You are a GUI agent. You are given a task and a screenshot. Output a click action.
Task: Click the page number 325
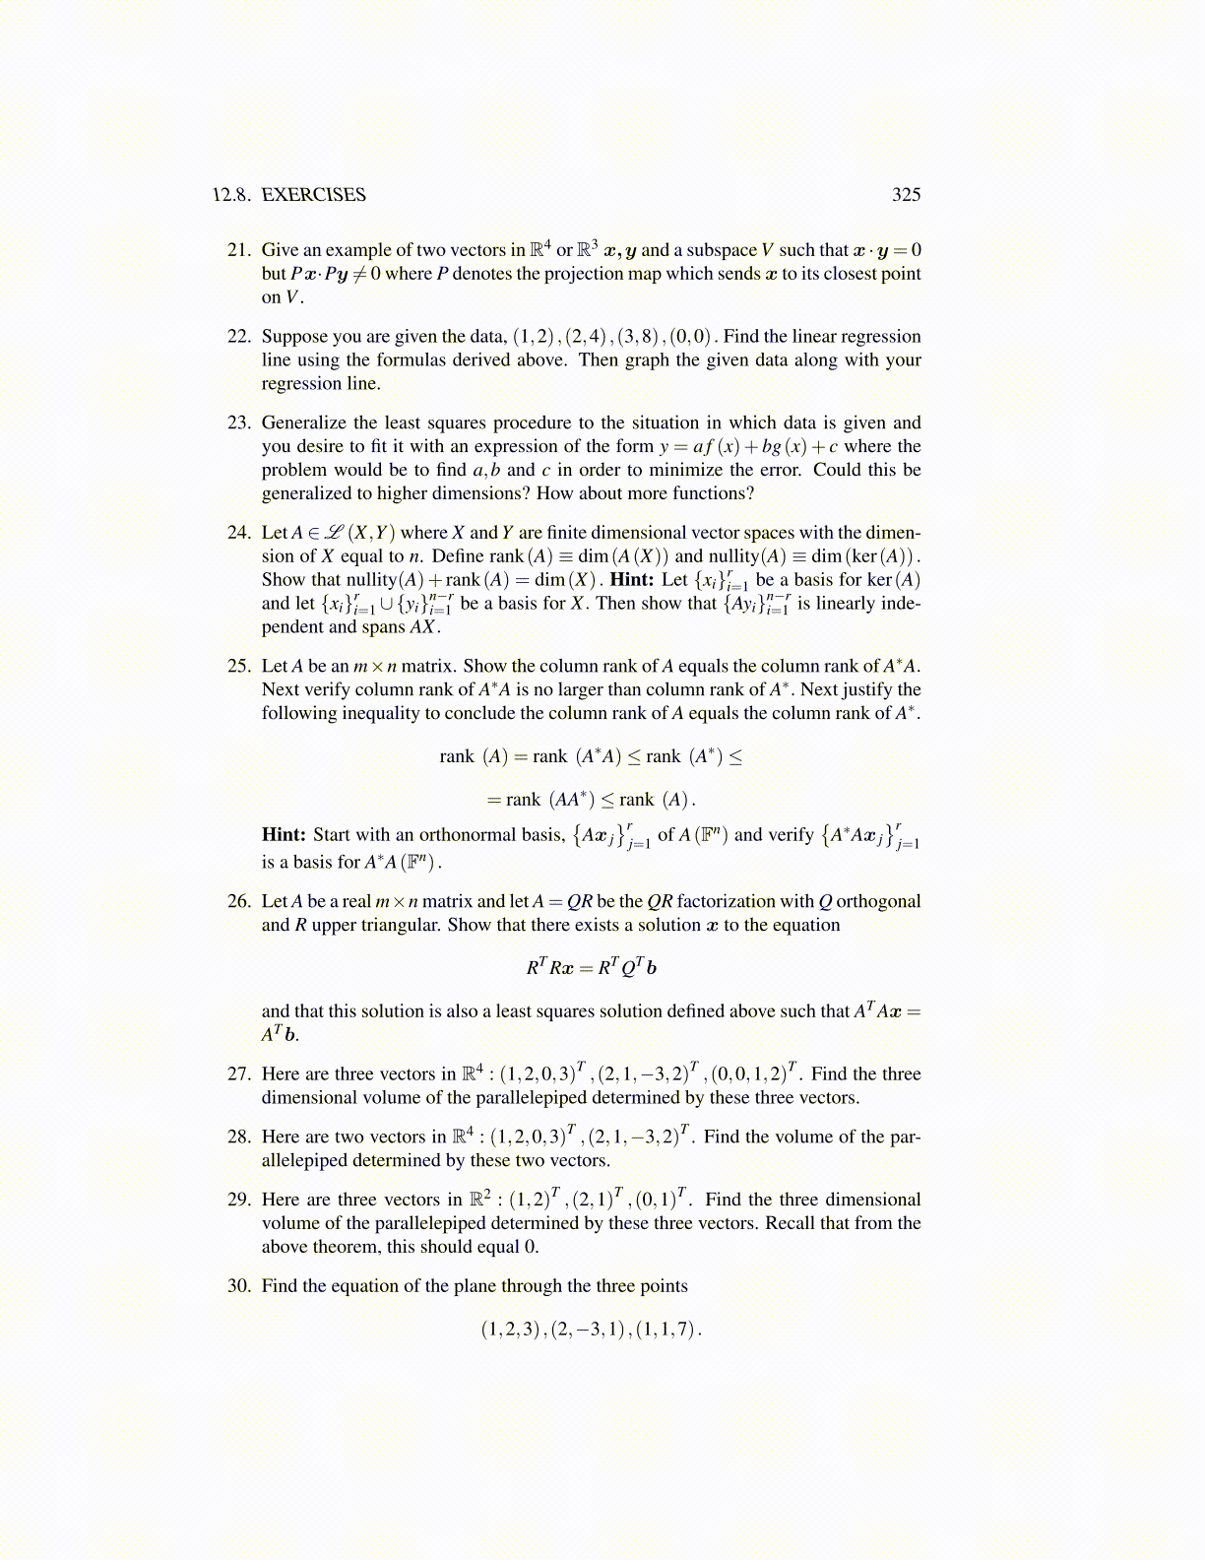[906, 195]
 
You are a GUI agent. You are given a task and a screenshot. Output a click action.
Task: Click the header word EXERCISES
[313, 195]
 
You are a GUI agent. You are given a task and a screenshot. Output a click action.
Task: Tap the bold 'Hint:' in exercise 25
[284, 835]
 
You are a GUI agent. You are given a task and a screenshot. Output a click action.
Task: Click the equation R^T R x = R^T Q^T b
[591, 968]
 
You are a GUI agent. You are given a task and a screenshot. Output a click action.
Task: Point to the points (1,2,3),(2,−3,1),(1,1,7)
[591, 1330]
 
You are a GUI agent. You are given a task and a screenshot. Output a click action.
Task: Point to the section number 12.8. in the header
[232, 195]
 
